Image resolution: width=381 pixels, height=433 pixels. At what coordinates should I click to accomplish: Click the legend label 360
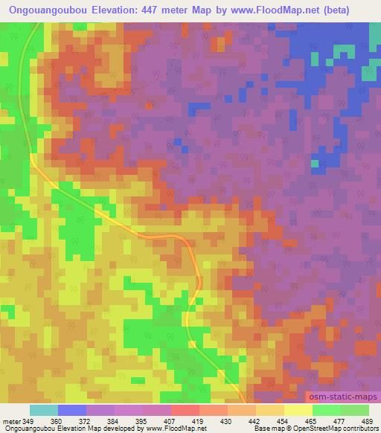[58, 421]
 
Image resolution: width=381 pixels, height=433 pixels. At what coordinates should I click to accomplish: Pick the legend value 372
[87, 421]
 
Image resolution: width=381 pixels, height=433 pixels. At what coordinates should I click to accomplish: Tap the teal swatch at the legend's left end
[44, 410]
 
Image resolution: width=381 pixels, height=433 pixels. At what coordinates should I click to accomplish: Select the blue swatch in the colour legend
[73, 410]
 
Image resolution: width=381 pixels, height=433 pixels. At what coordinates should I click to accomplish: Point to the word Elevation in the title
[116, 10]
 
